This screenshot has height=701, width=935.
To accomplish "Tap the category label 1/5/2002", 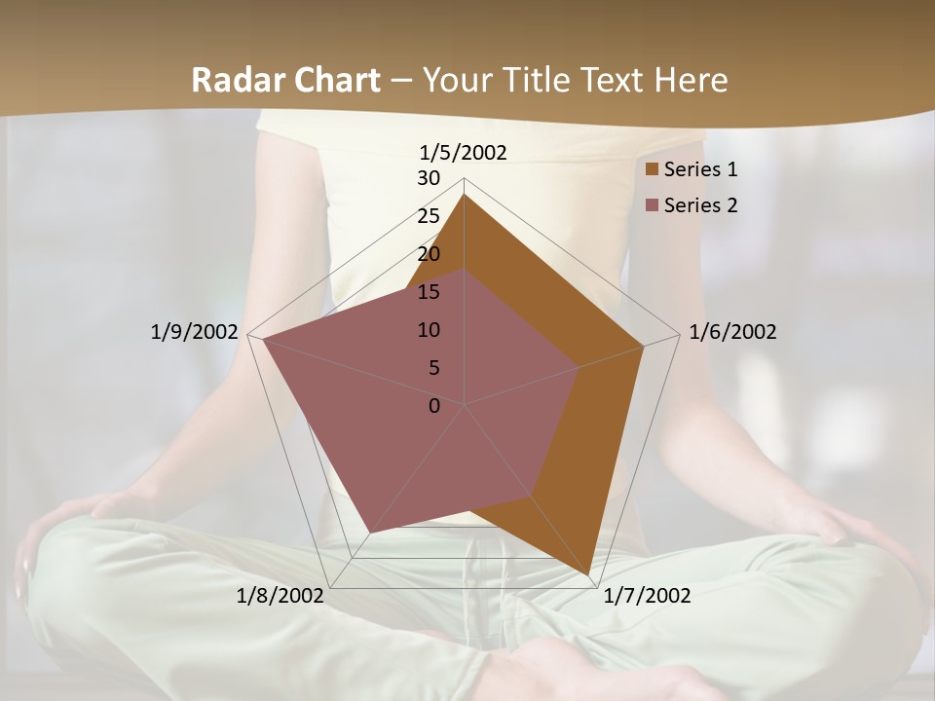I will pyautogui.click(x=464, y=152).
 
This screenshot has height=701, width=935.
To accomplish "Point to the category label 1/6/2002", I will pyautogui.click(x=732, y=332).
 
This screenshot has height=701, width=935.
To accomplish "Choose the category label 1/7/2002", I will pyautogui.click(x=647, y=596).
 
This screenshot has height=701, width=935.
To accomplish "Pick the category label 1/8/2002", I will pyautogui.click(x=280, y=596).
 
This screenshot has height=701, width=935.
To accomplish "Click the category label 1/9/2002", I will pyautogui.click(x=194, y=332).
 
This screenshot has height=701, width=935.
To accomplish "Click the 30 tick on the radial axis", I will pyautogui.click(x=429, y=178).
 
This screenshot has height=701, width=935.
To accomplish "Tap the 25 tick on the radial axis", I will pyautogui.click(x=429, y=216).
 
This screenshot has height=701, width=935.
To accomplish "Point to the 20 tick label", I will pyautogui.click(x=429, y=254).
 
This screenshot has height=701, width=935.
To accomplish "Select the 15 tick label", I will pyautogui.click(x=429, y=292).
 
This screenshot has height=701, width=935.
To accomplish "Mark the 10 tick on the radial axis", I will pyautogui.click(x=429, y=330).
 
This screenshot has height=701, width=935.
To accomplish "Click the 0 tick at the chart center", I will pyautogui.click(x=434, y=406).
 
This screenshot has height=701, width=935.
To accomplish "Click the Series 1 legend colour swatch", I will pyautogui.click(x=653, y=169).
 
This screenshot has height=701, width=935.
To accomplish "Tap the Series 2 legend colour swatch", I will pyautogui.click(x=653, y=205).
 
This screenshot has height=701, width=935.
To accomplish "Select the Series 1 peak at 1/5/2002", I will pyautogui.click(x=465, y=196).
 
